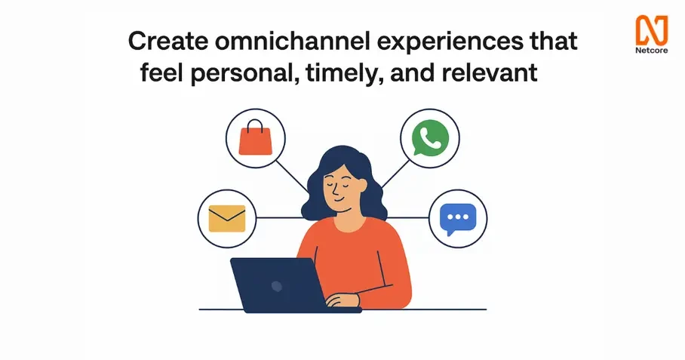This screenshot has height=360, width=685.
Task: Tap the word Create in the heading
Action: click(167, 42)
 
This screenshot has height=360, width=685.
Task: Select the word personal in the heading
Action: click(241, 73)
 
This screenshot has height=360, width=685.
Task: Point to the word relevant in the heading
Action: click(490, 72)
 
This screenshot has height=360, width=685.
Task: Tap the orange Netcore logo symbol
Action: click(652, 29)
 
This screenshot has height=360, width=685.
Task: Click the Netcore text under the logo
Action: click(652, 50)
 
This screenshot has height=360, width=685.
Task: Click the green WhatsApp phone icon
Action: click(430, 137)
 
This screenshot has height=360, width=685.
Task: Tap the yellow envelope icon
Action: click(227, 218)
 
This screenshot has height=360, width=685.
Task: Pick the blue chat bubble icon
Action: click(458, 218)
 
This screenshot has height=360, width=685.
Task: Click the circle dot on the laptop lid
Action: click(277, 286)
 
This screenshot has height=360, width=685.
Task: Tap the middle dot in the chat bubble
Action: click(458, 217)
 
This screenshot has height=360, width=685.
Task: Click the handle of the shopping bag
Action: click(255, 125)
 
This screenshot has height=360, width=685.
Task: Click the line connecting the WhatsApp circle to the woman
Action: click(396, 174)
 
